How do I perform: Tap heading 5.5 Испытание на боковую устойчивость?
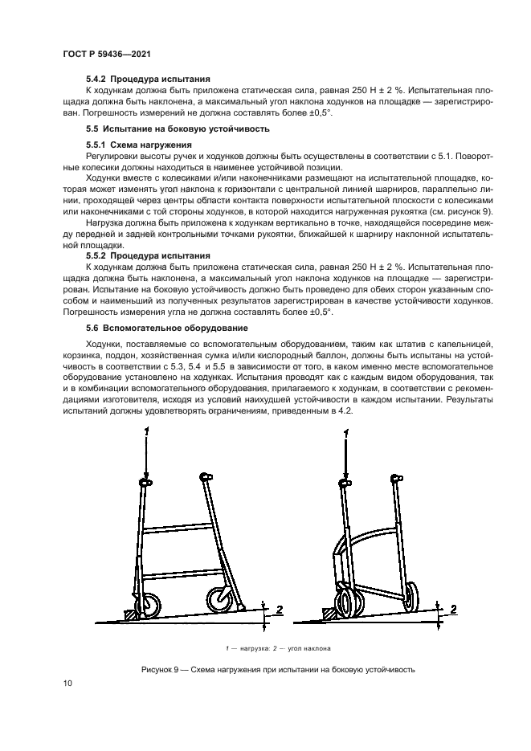(178, 129)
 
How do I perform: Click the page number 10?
(67, 683)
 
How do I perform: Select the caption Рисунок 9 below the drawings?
(265, 669)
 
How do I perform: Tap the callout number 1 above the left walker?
(145, 433)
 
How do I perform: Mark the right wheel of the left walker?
(219, 599)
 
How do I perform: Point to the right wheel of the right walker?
(412, 597)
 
